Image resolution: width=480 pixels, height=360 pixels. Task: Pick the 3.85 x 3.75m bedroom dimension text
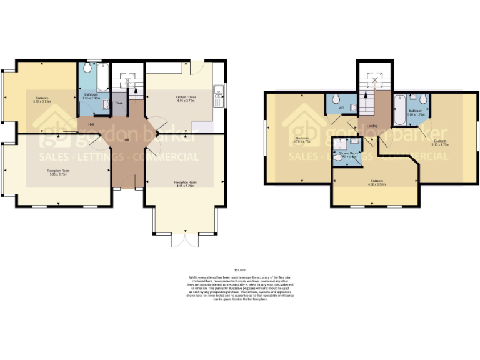[42, 102]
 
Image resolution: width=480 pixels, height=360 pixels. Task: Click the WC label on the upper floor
[341, 109]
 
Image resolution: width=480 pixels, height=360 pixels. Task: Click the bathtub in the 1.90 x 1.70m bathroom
[399, 111]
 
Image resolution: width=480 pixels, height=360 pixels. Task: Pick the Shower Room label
[349, 153]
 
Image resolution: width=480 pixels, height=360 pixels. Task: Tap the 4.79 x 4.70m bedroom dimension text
[301, 141]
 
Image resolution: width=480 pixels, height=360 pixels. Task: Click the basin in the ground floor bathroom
[106, 104]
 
